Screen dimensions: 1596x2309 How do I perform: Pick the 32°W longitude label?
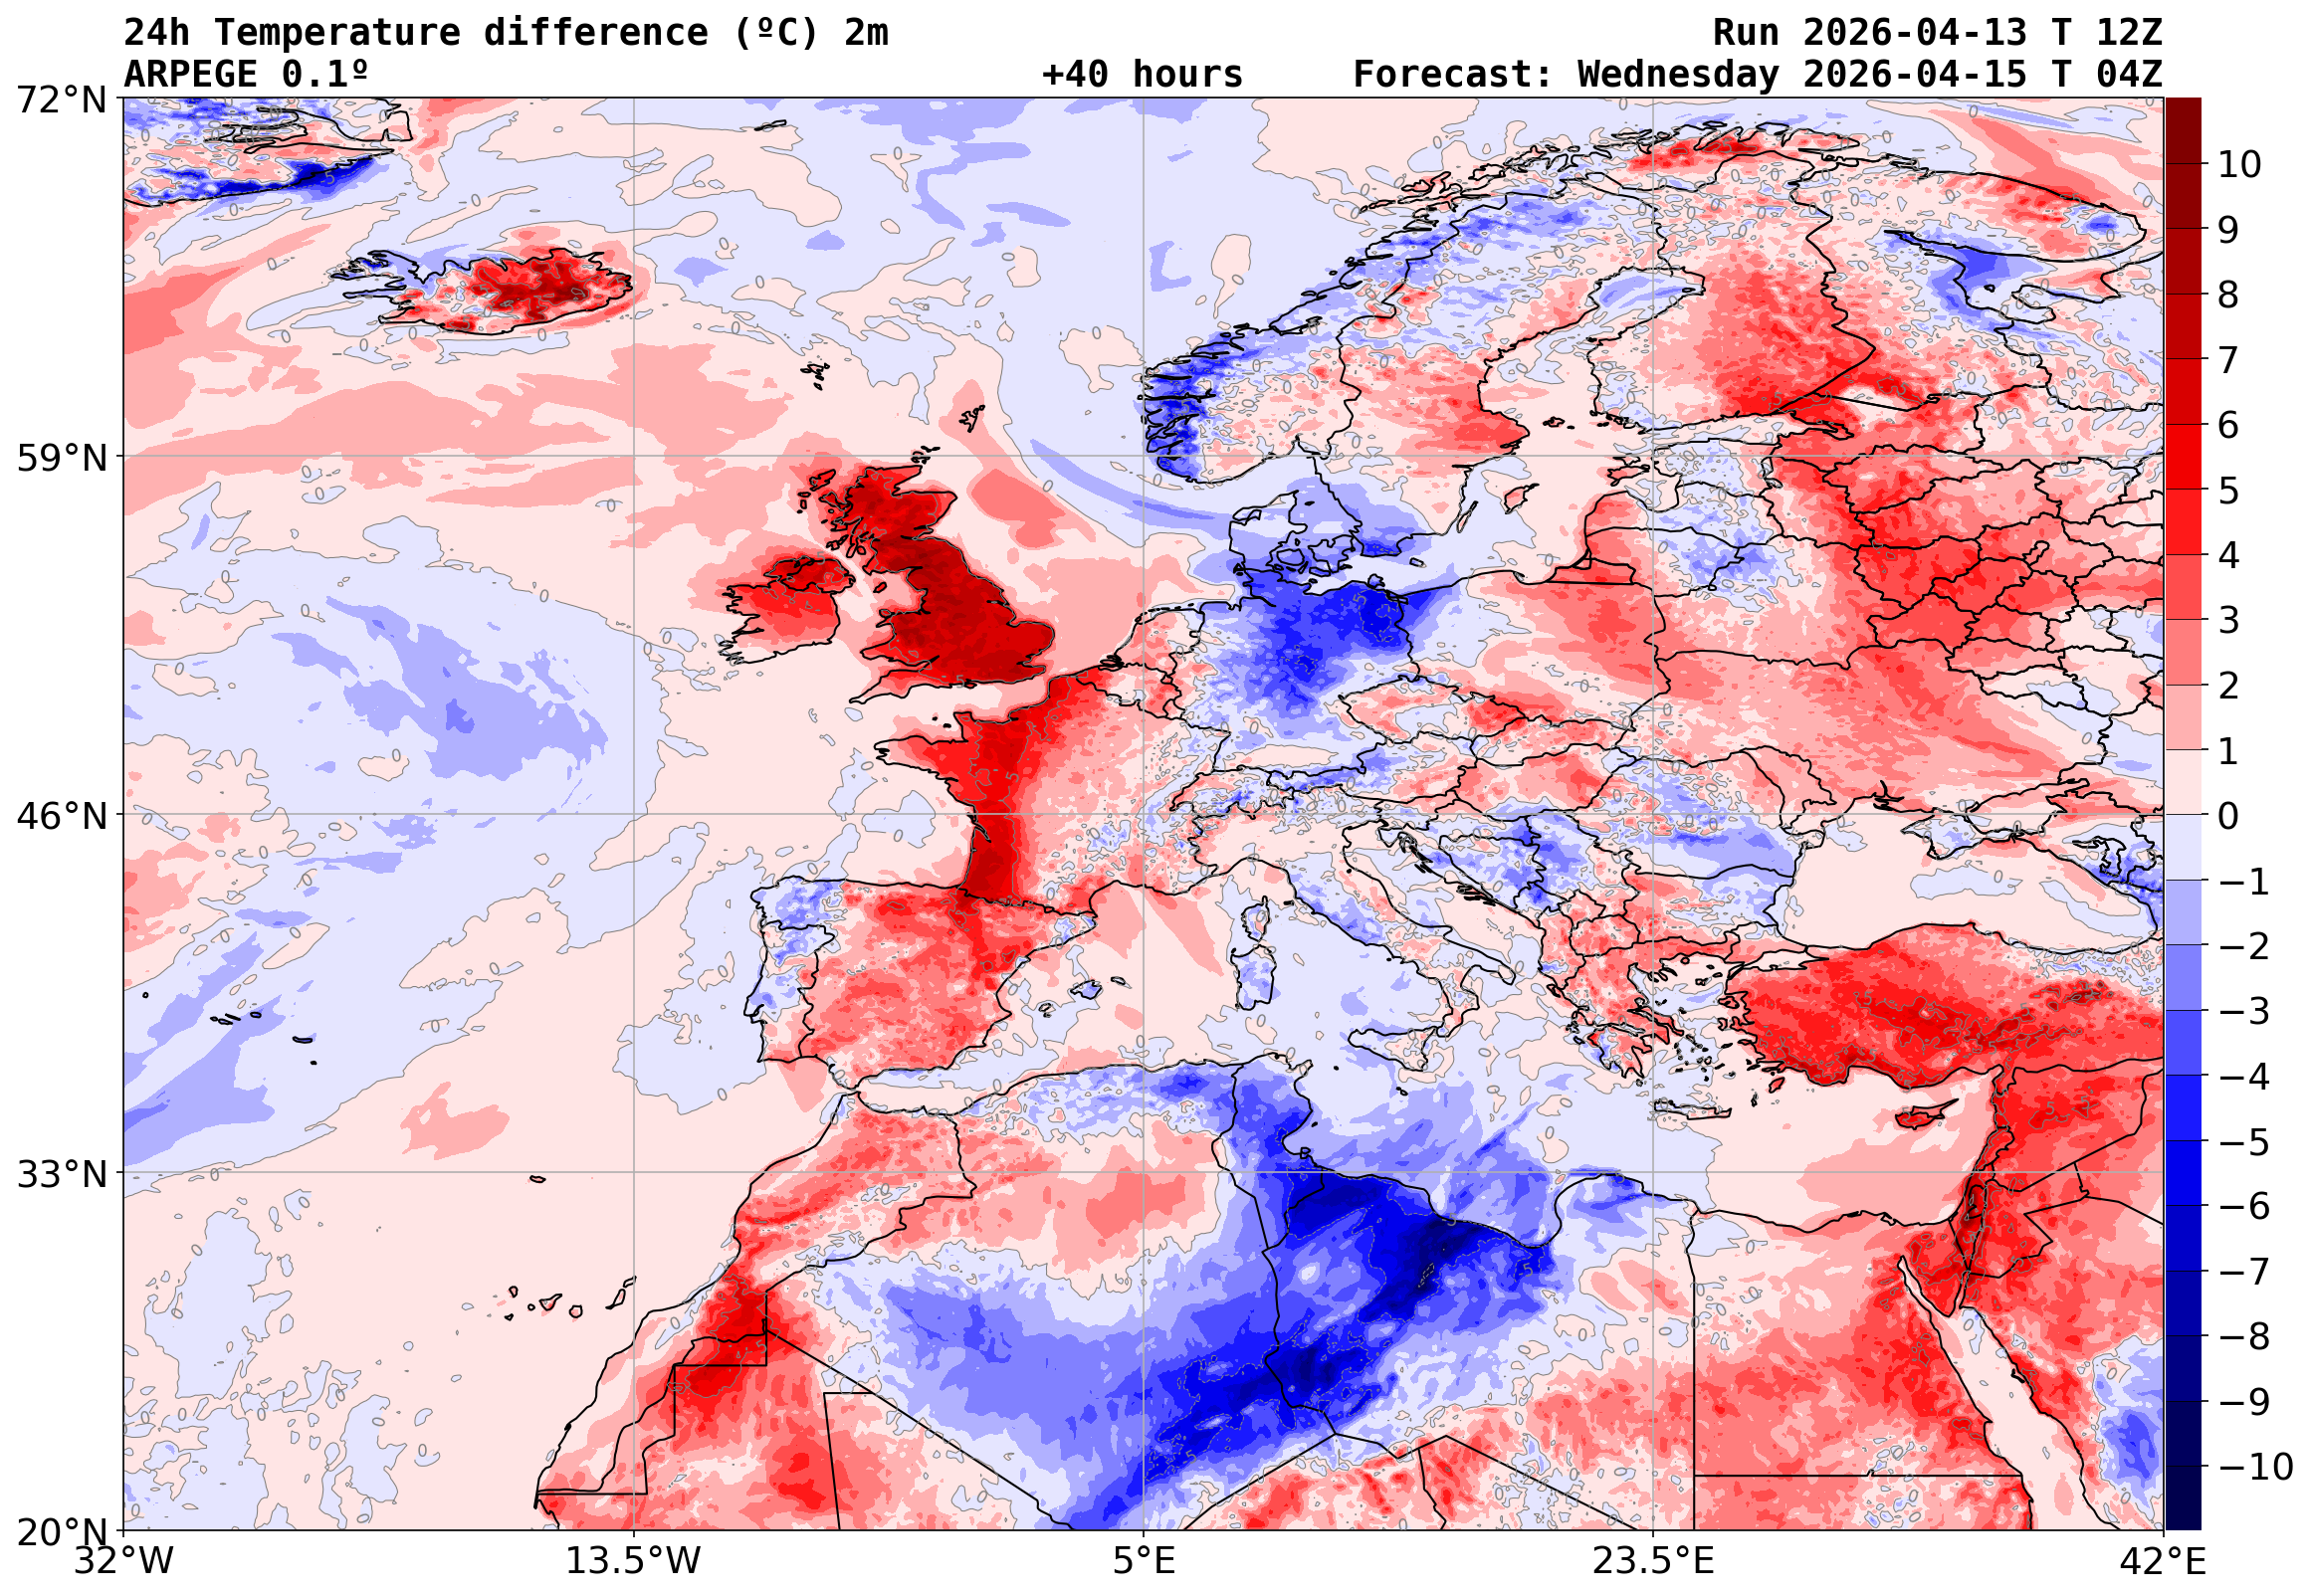pos(124,1561)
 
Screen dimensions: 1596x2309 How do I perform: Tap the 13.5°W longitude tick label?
pos(634,1561)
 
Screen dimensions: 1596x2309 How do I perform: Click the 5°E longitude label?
pos(1144,1561)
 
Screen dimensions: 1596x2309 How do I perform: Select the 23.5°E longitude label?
pos(1653,1561)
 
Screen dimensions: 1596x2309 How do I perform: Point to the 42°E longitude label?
pos(2162,1561)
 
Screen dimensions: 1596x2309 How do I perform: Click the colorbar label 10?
pos(2239,164)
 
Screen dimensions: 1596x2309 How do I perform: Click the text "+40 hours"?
pos(1142,75)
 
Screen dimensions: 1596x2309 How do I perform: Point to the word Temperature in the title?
pos(337,33)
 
